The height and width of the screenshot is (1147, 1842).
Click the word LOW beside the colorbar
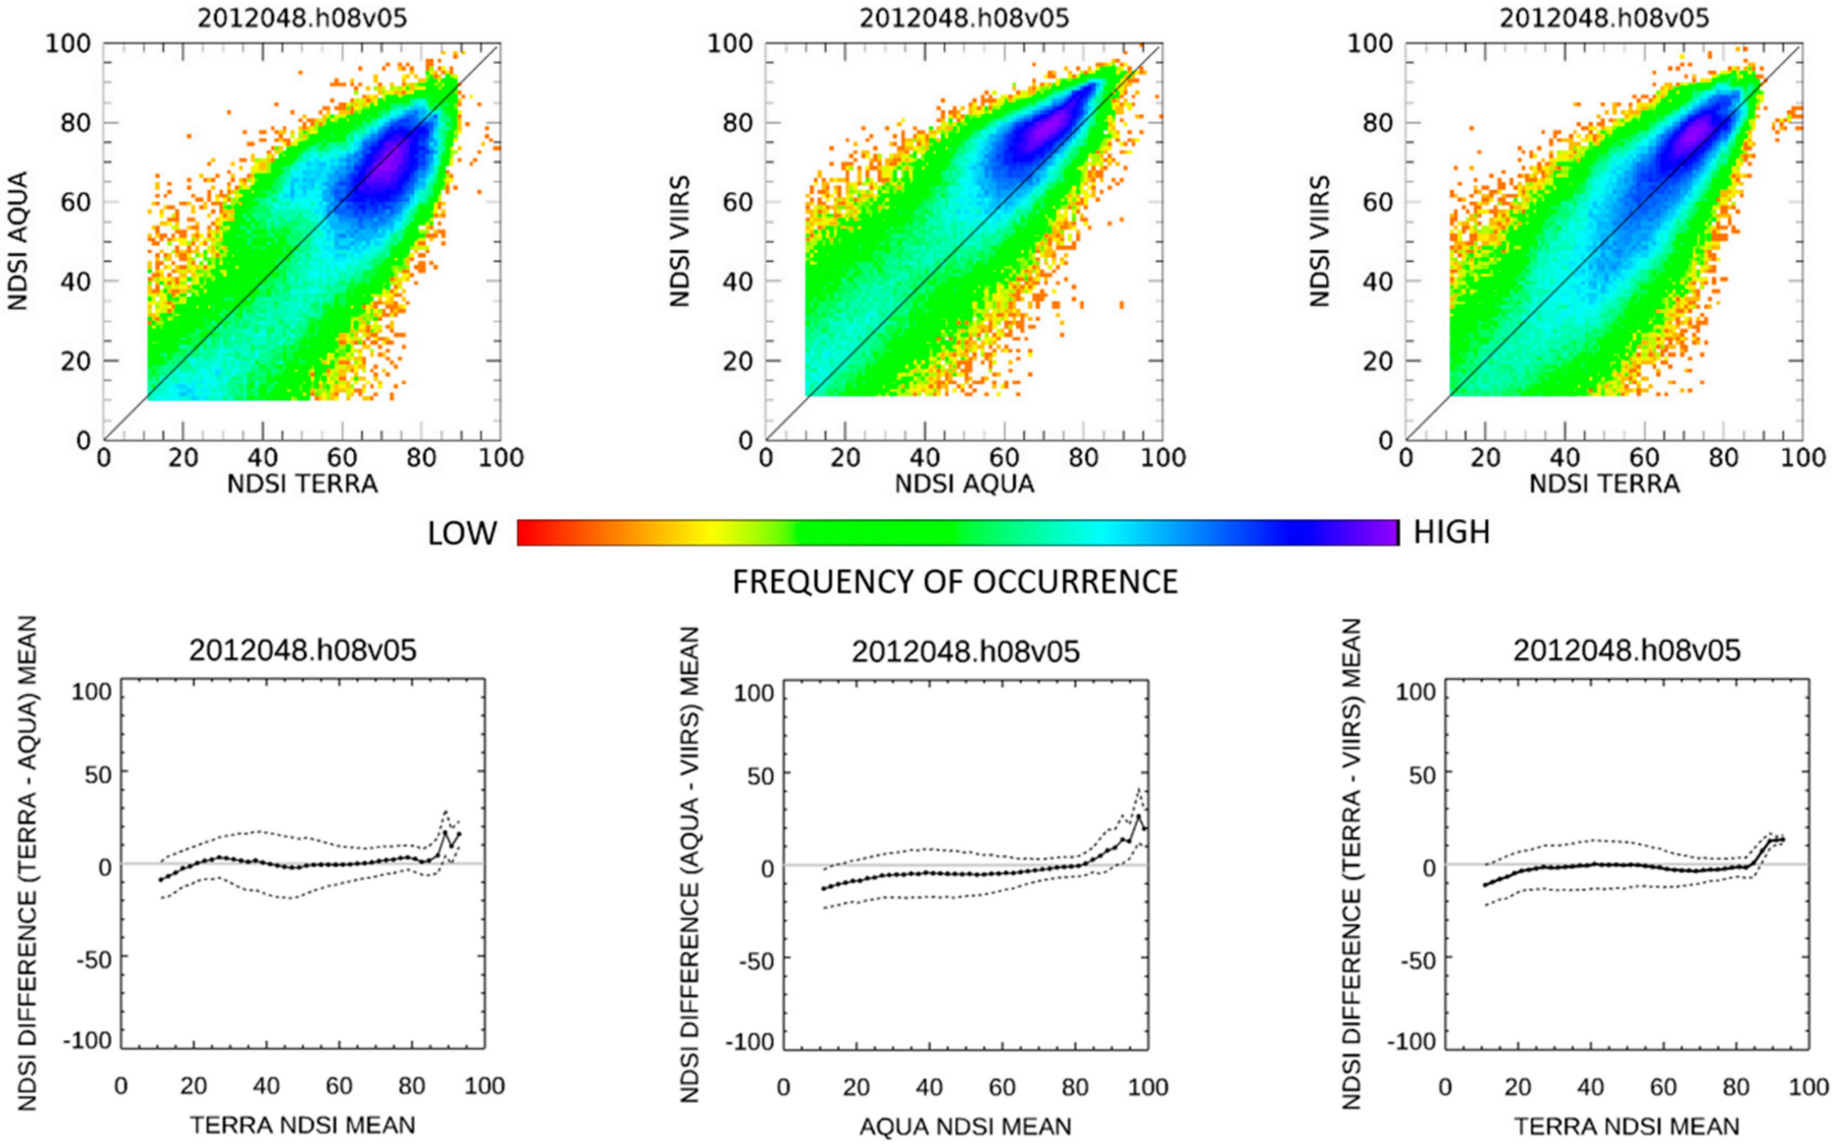pyautogui.click(x=462, y=534)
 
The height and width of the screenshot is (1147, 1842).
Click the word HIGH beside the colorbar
pyautogui.click(x=1451, y=533)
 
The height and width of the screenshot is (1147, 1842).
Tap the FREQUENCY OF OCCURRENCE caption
pyautogui.click(x=954, y=583)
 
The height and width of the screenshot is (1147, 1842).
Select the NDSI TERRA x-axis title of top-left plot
pyautogui.click(x=302, y=484)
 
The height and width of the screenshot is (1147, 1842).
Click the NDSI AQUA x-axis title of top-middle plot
pyautogui.click(x=964, y=484)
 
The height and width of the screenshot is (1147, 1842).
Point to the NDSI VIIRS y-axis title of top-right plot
pyautogui.click(x=1320, y=241)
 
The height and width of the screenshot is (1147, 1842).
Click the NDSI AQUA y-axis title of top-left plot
pyautogui.click(x=18, y=241)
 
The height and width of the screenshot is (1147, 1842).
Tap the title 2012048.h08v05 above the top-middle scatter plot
pyautogui.click(x=964, y=18)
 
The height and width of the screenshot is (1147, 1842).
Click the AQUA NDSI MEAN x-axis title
pyautogui.click(x=965, y=1126)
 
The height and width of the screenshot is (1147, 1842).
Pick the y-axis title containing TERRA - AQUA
pyautogui.click(x=26, y=863)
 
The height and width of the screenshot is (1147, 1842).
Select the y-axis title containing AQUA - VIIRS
pyautogui.click(x=690, y=863)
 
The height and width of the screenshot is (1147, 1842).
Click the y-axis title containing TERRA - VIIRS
pyautogui.click(x=1352, y=863)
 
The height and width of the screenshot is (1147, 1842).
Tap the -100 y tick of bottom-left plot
pyautogui.click(x=88, y=1041)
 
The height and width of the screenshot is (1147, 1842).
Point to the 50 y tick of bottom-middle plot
pyautogui.click(x=754, y=775)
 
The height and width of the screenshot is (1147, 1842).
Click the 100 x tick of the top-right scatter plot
pyautogui.click(x=1803, y=458)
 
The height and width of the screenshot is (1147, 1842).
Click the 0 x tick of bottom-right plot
pyautogui.click(x=1445, y=1087)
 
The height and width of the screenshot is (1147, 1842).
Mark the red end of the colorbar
pyautogui.click(x=522, y=533)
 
